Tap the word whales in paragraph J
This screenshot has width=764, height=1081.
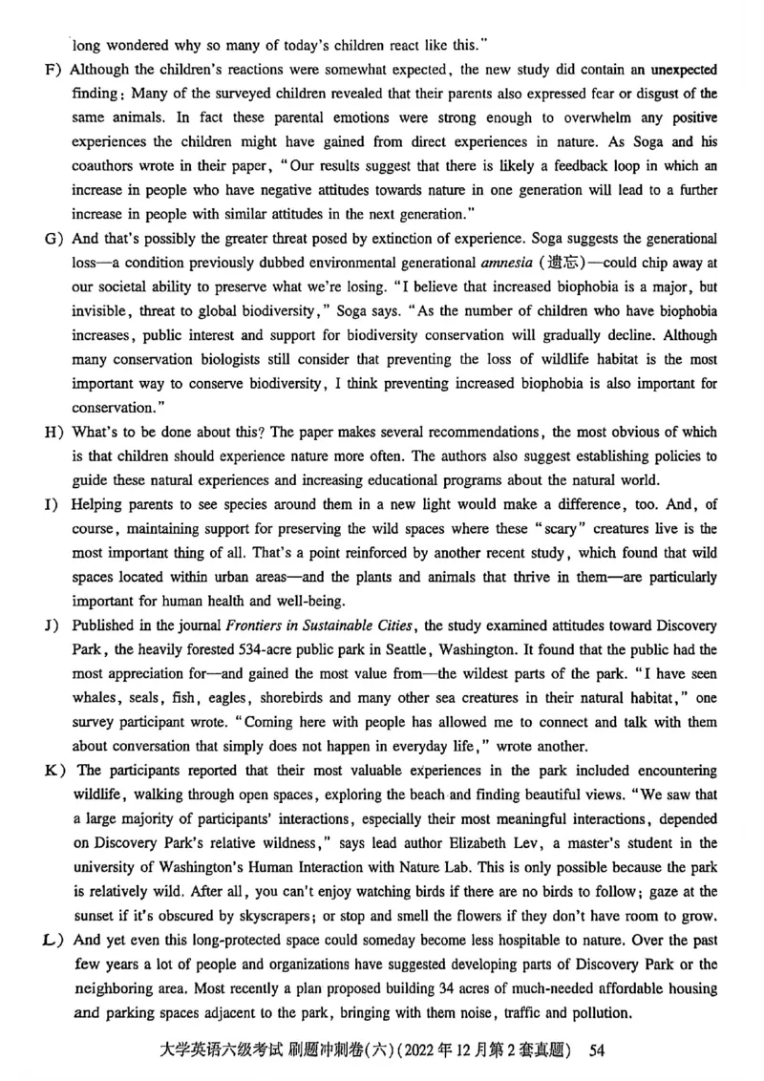tap(95, 700)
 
